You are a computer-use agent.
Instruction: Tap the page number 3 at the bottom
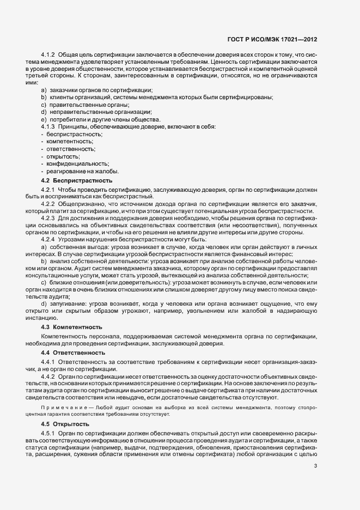coord(316,465)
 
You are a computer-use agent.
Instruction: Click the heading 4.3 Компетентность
coord(71,327)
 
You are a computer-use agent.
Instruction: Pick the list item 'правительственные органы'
coord(81,105)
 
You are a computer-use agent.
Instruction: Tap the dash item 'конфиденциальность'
coord(77,163)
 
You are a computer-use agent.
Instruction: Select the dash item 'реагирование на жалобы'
coord(82,171)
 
